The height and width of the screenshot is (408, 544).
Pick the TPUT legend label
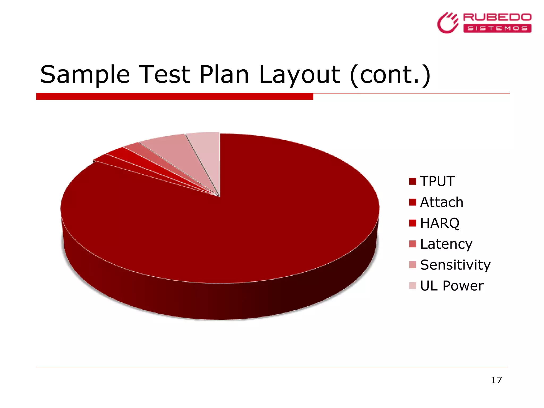coord(437,181)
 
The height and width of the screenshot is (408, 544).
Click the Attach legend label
coord(441,202)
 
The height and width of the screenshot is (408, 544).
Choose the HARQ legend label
coord(440,223)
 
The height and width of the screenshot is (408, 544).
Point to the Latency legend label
coord(446,244)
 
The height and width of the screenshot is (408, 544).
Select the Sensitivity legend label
coord(455,265)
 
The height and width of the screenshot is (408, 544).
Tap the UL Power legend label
coord(452,286)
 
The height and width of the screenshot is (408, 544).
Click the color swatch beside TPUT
coord(413,181)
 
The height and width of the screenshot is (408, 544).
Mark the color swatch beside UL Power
coord(413,286)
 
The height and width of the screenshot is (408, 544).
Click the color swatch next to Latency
coord(413,244)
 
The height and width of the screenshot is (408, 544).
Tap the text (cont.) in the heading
coord(390,75)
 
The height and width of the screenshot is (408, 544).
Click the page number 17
coord(496,380)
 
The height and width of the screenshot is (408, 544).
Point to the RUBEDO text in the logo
coord(497,18)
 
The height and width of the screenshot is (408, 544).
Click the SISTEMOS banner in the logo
coord(497,28)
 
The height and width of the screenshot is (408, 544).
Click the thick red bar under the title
coord(175,96)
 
